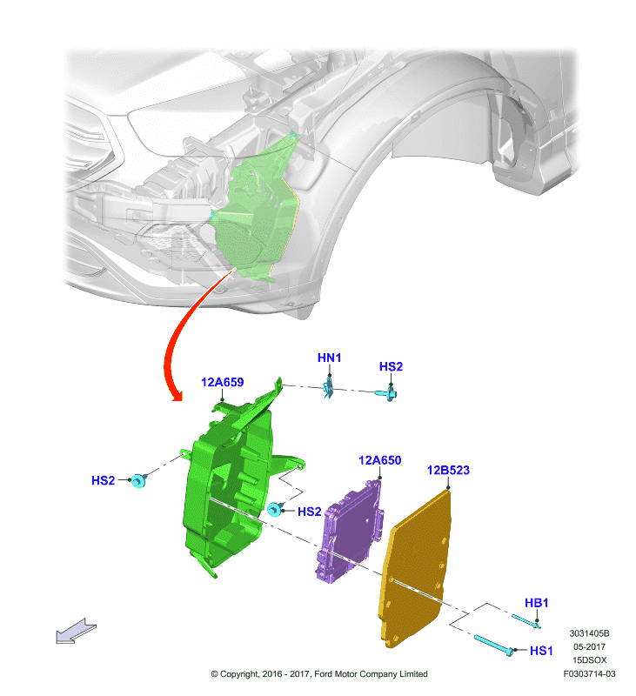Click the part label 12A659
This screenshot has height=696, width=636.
pyautogui.click(x=222, y=382)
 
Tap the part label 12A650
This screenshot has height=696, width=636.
pyautogui.click(x=380, y=460)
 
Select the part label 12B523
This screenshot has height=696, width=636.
pyautogui.click(x=448, y=470)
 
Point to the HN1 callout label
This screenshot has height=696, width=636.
pyautogui.click(x=330, y=358)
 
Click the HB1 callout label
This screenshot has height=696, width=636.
pyautogui.click(x=537, y=603)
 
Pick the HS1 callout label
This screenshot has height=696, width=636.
pyautogui.click(x=541, y=651)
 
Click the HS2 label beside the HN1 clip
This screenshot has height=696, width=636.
pyautogui.click(x=391, y=366)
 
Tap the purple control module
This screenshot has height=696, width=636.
pyautogui.click(x=349, y=531)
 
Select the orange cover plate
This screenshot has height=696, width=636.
pyautogui.click(x=415, y=568)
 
